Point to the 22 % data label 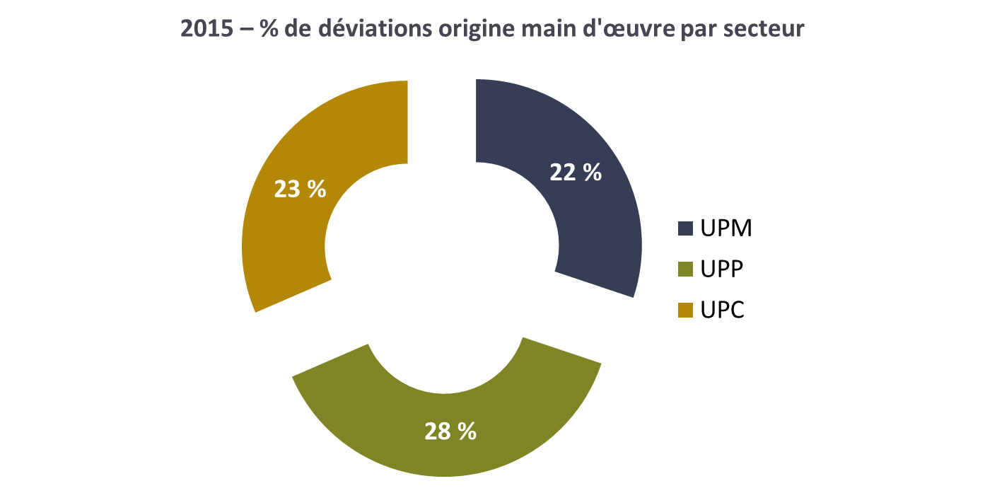click(576, 172)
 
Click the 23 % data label click(300, 189)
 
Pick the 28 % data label click(450, 431)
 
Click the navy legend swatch click(685, 228)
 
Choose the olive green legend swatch click(685, 269)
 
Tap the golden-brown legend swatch click(685, 310)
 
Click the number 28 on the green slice click(438, 431)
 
